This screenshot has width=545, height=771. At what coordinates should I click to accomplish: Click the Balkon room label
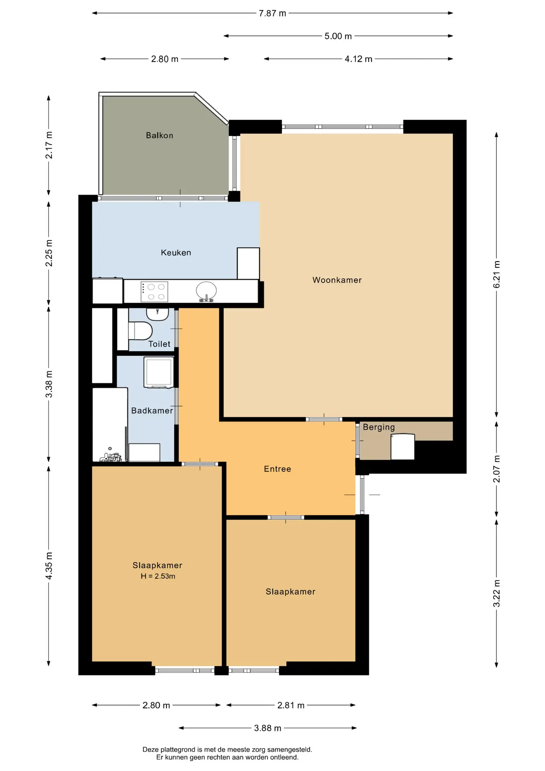[x=159, y=135]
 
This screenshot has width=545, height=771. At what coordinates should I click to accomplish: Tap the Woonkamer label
[x=337, y=280]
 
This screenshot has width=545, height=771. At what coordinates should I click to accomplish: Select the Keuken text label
[x=176, y=253]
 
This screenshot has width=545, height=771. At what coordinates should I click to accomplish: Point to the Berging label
[x=378, y=427]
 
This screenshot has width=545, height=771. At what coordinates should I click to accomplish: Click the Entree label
[x=277, y=469]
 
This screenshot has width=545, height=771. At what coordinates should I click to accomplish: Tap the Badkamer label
[x=152, y=410]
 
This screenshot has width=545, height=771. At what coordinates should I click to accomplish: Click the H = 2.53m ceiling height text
[x=158, y=576]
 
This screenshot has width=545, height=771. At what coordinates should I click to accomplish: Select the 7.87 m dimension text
[x=272, y=13]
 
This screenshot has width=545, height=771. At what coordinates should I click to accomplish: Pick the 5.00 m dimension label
[x=338, y=36]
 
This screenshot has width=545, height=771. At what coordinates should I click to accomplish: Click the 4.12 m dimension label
[x=358, y=59]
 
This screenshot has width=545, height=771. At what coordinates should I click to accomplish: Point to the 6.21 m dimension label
[x=496, y=274]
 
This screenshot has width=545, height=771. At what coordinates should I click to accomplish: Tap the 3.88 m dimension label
[x=268, y=728]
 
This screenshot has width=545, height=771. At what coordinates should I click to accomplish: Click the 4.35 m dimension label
[x=49, y=566]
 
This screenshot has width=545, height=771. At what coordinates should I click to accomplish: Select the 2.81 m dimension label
[x=291, y=705]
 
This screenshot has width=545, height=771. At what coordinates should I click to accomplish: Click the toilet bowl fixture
[x=140, y=330]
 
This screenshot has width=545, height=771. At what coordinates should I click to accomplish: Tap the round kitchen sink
[x=206, y=290]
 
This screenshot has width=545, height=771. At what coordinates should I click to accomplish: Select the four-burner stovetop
[x=154, y=292]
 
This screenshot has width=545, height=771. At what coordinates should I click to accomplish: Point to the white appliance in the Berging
[x=403, y=447]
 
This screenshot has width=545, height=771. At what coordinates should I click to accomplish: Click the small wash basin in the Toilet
[x=157, y=314]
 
